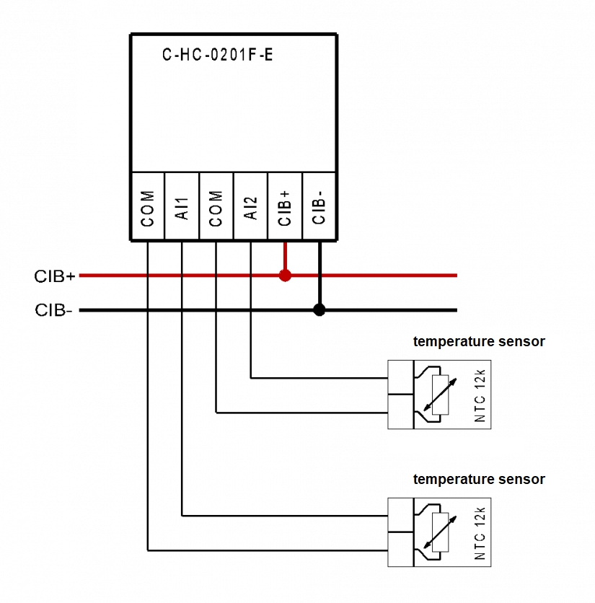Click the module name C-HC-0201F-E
pyautogui.click(x=217, y=56)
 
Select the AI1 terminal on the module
pyautogui.click(x=182, y=207)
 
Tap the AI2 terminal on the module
pyautogui.click(x=251, y=207)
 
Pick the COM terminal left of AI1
pyautogui.click(x=147, y=207)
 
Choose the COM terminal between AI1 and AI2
pyautogui.click(x=216, y=207)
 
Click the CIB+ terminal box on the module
pyautogui.click(x=285, y=207)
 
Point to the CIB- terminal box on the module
pyautogui.click(x=319, y=207)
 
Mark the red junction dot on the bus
pyautogui.click(x=285, y=276)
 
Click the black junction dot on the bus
pyautogui.click(x=319, y=310)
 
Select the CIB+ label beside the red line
pyautogui.click(x=55, y=276)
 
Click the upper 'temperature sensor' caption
pyautogui.click(x=479, y=342)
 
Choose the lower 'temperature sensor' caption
pyautogui.click(x=479, y=480)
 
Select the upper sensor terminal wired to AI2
pyautogui.click(x=400, y=377)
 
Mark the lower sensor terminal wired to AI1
pyautogui.click(x=400, y=515)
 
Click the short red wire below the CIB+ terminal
pyautogui.click(x=285, y=256)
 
